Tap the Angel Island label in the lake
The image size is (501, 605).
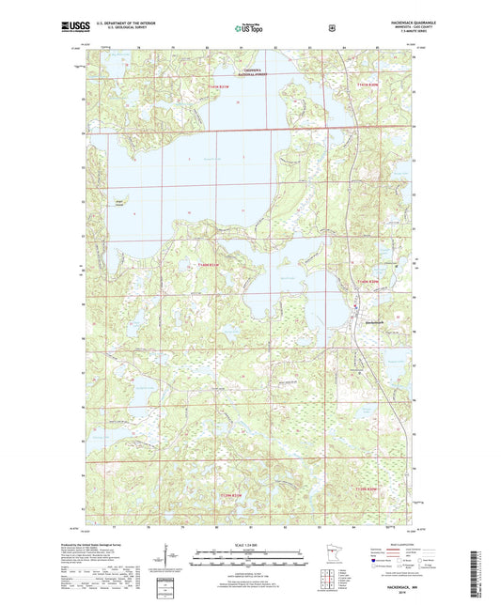pyautogui.click(x=117, y=200)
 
